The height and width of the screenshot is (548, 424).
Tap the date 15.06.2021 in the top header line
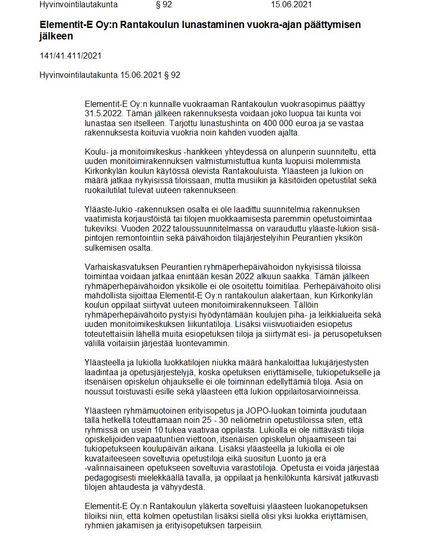click(x=291, y=5)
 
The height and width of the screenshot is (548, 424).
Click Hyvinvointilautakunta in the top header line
click(x=78, y=5)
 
